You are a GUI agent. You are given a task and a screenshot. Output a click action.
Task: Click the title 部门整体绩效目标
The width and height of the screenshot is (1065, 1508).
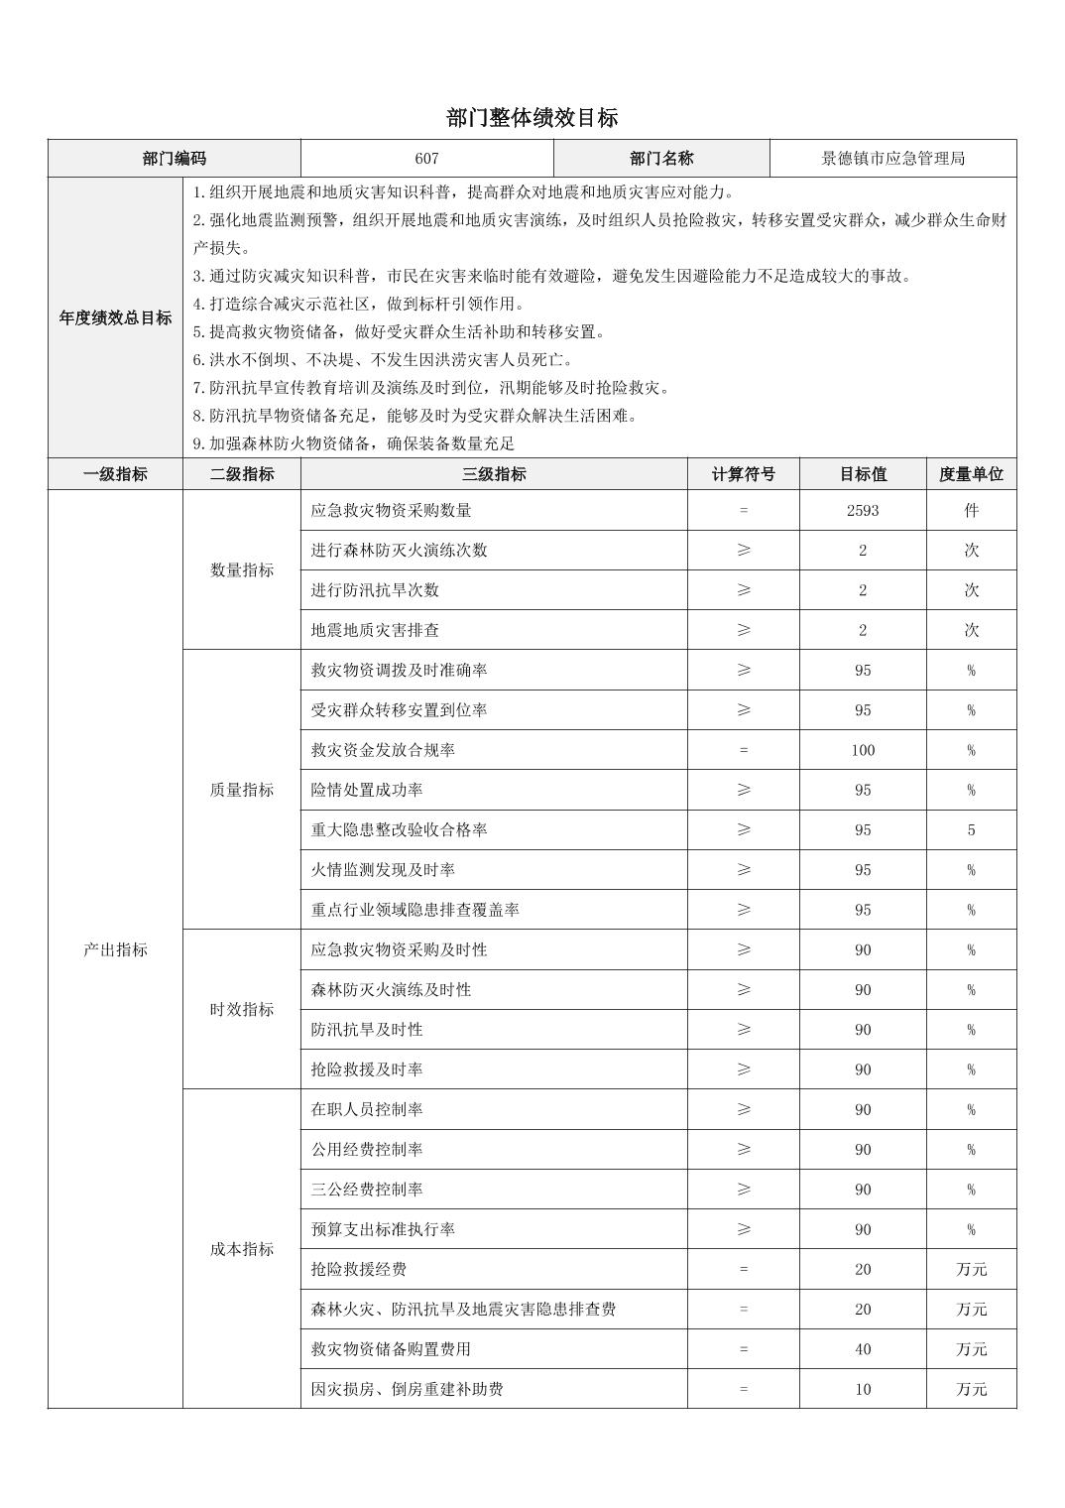(x=532, y=118)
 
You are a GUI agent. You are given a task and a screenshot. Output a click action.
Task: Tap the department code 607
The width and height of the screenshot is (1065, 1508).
(x=426, y=159)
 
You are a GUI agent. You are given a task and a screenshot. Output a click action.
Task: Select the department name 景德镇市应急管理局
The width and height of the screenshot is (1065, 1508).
(x=892, y=159)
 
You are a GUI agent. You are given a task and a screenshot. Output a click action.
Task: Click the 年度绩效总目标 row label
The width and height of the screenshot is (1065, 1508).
(x=115, y=318)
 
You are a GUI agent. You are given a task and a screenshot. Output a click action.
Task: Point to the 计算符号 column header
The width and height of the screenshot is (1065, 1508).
(x=743, y=474)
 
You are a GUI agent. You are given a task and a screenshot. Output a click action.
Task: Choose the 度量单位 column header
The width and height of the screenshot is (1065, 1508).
(x=971, y=474)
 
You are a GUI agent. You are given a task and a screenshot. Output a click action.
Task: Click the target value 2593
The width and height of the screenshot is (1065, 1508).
(x=862, y=511)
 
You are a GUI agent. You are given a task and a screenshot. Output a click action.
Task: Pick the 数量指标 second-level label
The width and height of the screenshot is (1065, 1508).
(x=242, y=570)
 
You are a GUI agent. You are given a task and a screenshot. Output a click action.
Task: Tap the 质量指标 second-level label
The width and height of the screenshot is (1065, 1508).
(x=242, y=790)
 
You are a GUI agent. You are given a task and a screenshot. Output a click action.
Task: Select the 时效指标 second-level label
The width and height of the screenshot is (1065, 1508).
(x=242, y=1009)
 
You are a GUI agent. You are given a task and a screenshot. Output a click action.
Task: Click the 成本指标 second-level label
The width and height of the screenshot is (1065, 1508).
(x=242, y=1249)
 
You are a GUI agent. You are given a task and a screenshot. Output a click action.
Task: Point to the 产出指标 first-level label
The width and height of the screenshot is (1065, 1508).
(x=115, y=949)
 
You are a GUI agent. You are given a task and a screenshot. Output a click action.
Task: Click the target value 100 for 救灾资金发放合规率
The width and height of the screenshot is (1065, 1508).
(x=862, y=750)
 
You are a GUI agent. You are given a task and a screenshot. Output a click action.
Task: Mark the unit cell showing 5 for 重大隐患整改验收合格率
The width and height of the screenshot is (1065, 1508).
(x=971, y=830)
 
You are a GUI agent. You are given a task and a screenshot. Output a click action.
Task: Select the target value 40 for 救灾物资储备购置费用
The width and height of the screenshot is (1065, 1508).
(x=862, y=1349)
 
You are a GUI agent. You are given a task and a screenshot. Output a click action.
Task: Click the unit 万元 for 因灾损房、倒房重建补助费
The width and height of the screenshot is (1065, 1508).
(x=971, y=1389)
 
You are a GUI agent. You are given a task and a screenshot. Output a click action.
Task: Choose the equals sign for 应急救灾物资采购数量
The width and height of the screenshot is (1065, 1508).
(x=743, y=511)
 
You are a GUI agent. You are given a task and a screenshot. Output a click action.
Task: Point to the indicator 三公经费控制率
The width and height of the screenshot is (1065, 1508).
(x=367, y=1190)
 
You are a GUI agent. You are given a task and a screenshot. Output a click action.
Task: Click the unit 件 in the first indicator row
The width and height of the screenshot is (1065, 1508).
(x=971, y=511)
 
